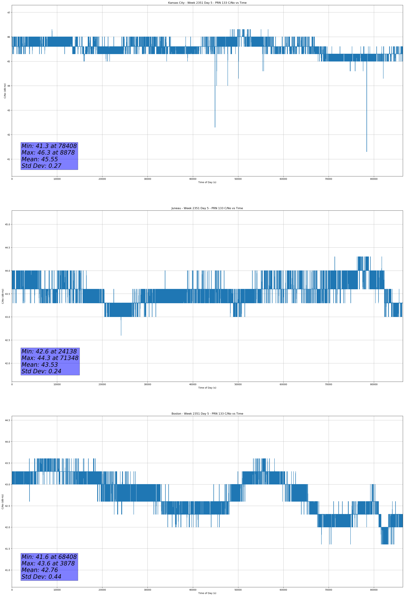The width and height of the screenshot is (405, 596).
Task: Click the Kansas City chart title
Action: tap(207, 3)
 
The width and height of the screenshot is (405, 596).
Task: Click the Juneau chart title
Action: tap(207, 208)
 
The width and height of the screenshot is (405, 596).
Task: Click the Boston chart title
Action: tap(207, 414)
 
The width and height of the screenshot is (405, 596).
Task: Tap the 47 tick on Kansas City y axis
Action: tap(8, 13)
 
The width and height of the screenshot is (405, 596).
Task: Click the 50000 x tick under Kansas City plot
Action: tap(238, 179)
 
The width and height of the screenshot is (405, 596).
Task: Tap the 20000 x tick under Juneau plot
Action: tap(102, 384)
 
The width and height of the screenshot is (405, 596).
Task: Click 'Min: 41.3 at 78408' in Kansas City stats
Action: tap(49, 146)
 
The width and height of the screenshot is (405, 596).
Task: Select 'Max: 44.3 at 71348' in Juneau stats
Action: tap(50, 358)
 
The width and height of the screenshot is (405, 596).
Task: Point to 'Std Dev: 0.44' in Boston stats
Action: tap(41, 577)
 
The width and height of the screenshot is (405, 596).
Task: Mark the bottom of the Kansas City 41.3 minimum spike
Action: tap(366, 152)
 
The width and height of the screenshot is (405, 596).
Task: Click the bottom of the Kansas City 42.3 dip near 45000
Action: tap(215, 127)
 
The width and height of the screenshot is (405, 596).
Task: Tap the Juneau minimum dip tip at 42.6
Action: tap(121, 335)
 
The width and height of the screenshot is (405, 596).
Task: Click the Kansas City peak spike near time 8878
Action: tap(52, 30)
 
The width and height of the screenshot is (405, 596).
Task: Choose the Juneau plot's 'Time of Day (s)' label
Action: tap(207, 388)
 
